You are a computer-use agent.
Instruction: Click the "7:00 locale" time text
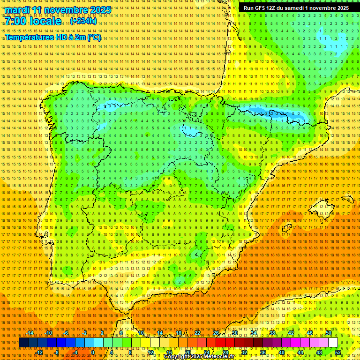coord(33,22)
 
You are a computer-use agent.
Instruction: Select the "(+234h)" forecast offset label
coord(83,21)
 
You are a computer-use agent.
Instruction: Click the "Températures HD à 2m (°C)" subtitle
coord(52,37)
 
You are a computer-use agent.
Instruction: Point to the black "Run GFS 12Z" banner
coord(296,8)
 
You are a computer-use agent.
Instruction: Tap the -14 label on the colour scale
coord(30,333)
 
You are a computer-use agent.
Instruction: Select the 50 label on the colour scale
coord(328,333)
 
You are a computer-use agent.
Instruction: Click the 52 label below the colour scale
coord(338,352)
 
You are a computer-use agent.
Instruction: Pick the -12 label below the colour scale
coord(39,352)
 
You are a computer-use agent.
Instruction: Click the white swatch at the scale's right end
coord(333,343)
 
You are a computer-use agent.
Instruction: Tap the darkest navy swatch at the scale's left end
coord(23,343)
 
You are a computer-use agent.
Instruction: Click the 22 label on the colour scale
coord(197,333)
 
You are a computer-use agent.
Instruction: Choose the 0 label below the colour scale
coord(93,352)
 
